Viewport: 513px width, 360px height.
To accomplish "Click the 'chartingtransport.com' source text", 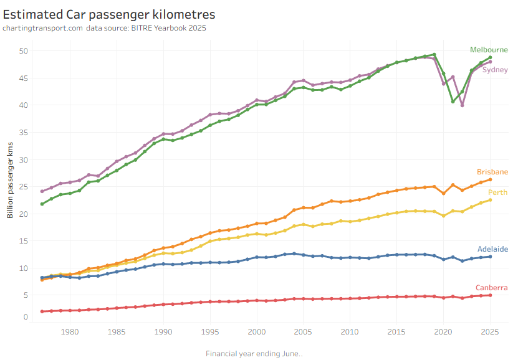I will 42,28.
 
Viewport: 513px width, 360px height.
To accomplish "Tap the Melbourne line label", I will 489,50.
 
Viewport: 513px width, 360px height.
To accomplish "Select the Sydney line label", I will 495,70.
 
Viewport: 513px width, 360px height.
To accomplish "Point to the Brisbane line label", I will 492,172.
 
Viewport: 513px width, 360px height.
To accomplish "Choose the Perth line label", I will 498,192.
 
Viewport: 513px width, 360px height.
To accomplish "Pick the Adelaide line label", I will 492,249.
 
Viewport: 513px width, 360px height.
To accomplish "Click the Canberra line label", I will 492,288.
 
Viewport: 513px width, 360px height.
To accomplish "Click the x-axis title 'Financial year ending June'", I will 254,354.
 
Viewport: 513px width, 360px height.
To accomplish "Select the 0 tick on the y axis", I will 26,317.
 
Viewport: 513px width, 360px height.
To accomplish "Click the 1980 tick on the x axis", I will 70,332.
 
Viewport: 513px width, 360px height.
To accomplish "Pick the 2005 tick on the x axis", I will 303,332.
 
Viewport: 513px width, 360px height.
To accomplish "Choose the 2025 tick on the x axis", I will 490,332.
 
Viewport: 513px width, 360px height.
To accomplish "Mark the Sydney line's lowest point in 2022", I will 462,105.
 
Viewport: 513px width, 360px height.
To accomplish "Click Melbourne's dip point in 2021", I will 453,101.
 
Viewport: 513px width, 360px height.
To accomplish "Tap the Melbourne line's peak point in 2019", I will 434,55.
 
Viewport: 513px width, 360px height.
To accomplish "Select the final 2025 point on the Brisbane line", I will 490,179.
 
